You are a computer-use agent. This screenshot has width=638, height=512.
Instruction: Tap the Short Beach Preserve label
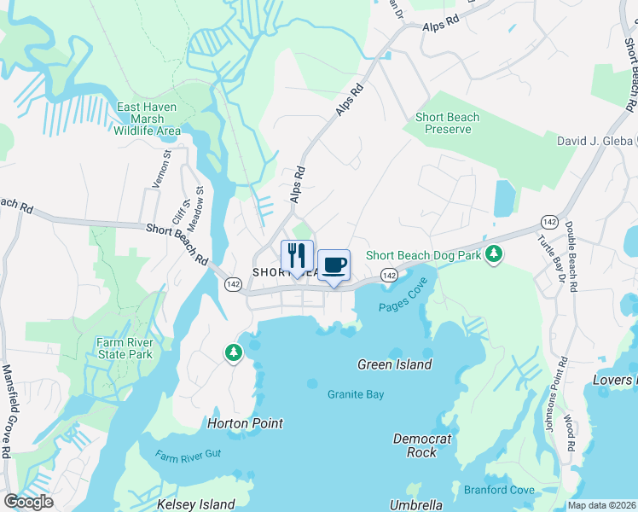pos(447,123)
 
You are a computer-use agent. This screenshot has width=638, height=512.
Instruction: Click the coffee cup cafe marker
pos(333,265)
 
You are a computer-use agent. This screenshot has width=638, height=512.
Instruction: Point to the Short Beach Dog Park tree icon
pos(493,254)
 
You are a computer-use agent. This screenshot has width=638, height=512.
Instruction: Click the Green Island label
pos(394,364)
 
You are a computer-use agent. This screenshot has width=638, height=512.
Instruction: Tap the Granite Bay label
pos(356,394)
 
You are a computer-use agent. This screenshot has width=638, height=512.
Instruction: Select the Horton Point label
pos(245,423)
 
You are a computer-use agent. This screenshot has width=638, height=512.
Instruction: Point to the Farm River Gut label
pos(188,455)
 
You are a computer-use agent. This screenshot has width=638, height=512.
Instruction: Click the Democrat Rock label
pos(421,445)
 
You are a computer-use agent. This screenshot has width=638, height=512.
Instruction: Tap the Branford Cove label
pos(498,490)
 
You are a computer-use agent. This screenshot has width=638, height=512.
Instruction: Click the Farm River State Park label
pos(124,348)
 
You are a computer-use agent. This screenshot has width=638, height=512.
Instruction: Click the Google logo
pos(28,501)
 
